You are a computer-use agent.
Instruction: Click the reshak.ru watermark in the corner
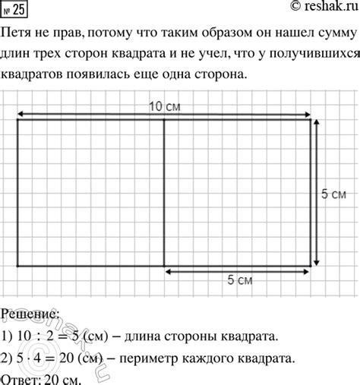pyautogui.click(x=318, y=8)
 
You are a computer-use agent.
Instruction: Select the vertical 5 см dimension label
pyautogui.click(x=334, y=194)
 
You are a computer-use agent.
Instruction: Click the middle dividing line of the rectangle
pyautogui.click(x=164, y=194)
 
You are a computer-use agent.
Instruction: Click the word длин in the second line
pyautogui.click(x=18, y=55)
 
